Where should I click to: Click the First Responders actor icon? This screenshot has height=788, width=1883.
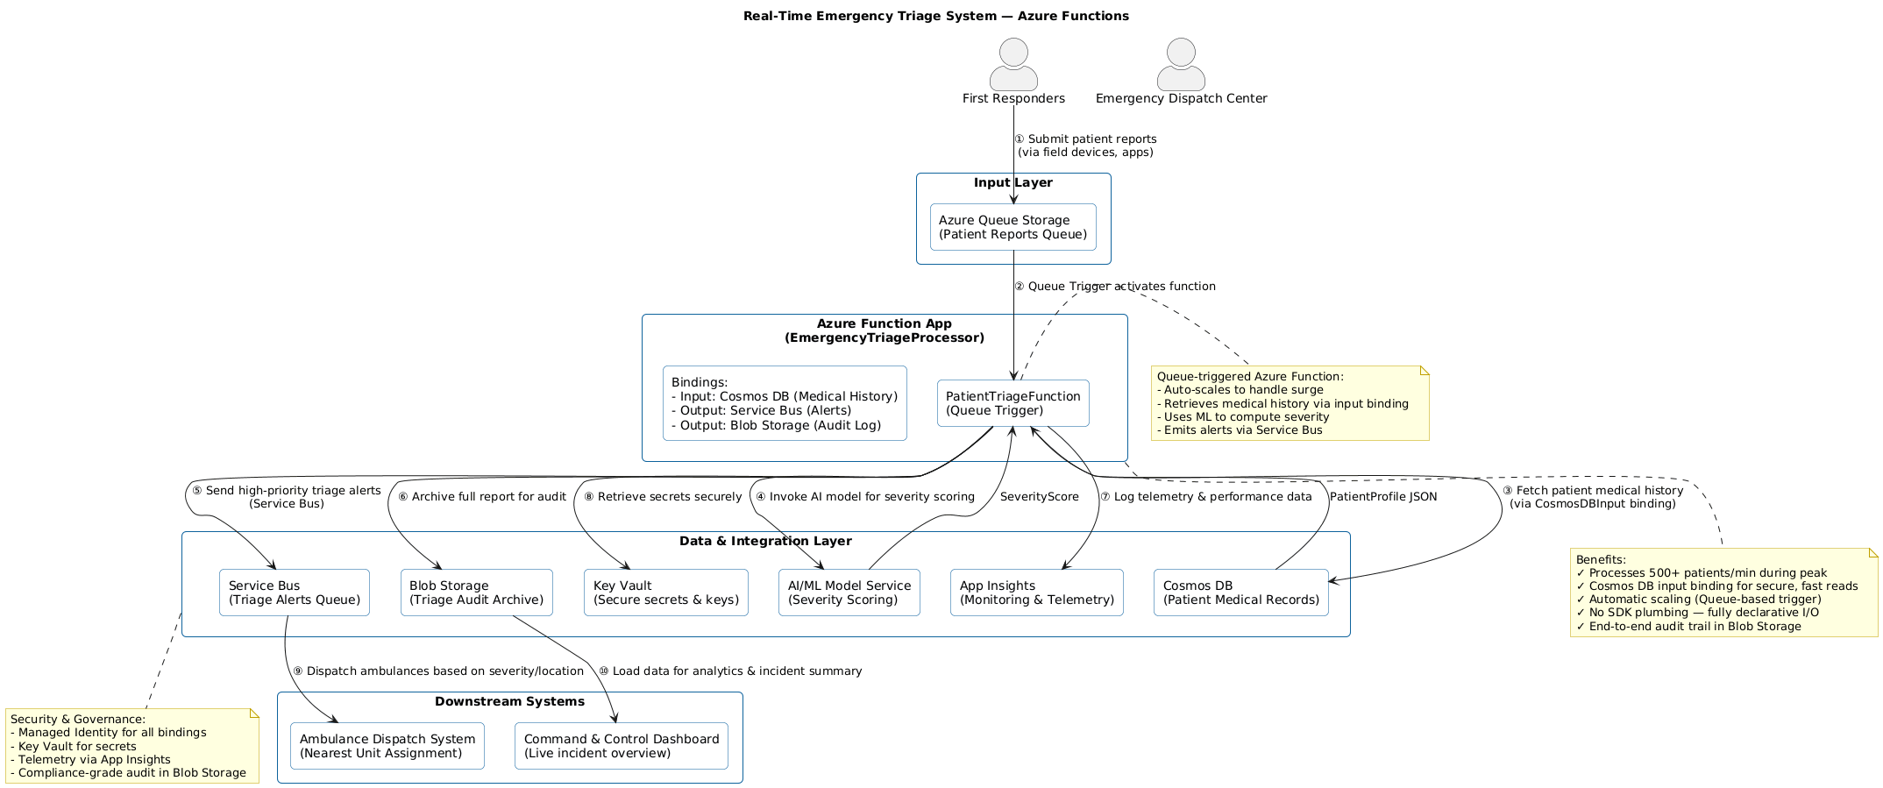point(1013,65)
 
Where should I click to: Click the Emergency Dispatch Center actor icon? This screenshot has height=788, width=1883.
point(1181,65)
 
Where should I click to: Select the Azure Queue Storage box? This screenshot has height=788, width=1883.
point(1013,227)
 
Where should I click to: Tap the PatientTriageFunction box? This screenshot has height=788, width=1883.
point(1013,403)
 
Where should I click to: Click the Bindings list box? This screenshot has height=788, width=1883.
point(785,403)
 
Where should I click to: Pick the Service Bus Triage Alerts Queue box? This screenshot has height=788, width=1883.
point(294,593)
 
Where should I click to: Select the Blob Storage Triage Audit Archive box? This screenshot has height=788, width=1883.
point(476,593)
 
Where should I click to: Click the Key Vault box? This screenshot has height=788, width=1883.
point(665,593)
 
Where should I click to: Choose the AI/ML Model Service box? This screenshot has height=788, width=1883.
point(849,593)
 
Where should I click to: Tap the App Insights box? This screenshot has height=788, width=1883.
point(1036,593)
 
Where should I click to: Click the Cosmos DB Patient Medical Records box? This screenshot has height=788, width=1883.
point(1240,593)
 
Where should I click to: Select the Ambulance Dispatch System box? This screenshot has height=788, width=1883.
point(387,746)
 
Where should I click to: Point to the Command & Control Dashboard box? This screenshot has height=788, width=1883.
point(621,746)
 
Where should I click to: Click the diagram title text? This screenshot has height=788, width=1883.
point(935,16)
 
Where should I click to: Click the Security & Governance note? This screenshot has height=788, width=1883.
point(131,746)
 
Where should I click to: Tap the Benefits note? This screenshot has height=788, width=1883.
point(1723,593)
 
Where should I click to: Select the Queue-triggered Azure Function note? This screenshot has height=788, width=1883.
point(1289,403)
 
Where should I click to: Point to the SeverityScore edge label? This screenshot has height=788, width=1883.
point(1039,497)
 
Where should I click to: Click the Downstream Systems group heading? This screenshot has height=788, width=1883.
point(509,701)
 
